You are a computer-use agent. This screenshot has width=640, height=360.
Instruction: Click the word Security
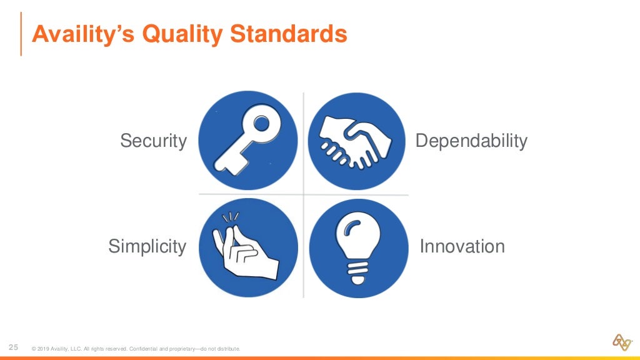(x=153, y=141)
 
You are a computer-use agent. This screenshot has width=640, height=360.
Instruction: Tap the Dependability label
(x=471, y=141)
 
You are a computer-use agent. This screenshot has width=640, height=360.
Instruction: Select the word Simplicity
(x=147, y=246)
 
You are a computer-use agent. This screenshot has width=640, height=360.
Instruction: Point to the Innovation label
(x=462, y=246)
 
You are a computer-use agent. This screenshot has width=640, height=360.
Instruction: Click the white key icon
(x=247, y=140)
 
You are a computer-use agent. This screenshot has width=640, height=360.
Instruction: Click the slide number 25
(x=13, y=347)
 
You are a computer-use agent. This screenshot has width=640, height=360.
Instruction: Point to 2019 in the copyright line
(x=43, y=349)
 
